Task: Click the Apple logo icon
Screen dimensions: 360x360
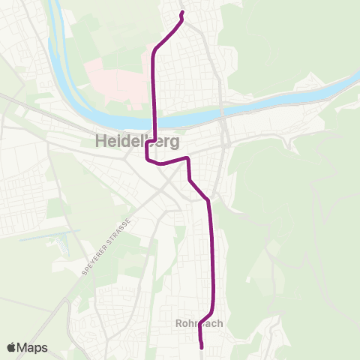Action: tap(11, 348)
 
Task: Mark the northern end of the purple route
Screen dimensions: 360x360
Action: tap(182, 13)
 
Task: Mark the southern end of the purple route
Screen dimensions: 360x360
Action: tap(202, 347)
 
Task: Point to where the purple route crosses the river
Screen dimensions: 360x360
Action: tap(154, 119)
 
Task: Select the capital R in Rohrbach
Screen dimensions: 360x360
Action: tap(178, 324)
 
